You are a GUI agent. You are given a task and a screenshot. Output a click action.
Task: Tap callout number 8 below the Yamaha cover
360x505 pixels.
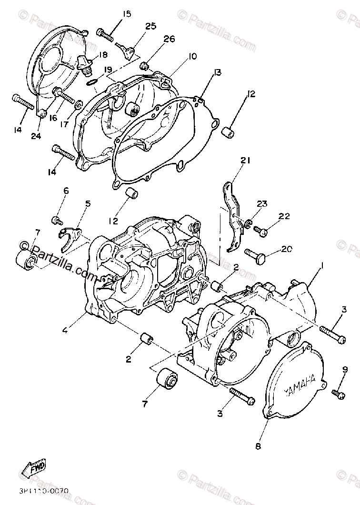(x=258, y=446)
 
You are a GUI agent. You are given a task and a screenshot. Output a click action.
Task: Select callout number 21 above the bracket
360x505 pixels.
(x=245, y=161)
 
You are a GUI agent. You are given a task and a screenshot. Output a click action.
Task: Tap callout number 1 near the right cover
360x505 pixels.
(x=322, y=266)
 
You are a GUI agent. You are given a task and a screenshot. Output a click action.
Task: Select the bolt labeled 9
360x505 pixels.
(x=339, y=393)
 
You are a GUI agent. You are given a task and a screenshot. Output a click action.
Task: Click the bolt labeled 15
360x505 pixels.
(x=104, y=33)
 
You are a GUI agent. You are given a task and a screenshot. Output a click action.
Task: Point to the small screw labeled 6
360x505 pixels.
(x=57, y=220)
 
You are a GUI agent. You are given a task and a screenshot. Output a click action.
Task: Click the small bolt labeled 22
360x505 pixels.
(x=261, y=232)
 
